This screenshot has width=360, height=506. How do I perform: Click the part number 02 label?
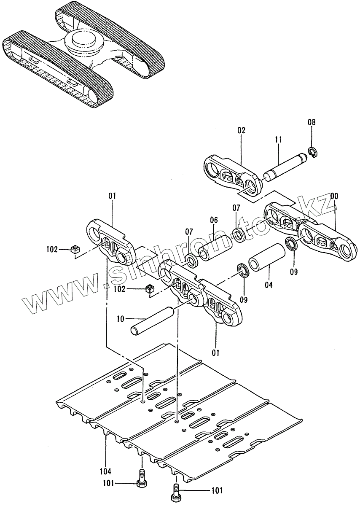coord(241,130)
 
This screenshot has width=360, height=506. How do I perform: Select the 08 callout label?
coord(311,123)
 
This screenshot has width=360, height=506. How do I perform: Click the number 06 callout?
coord(214,220)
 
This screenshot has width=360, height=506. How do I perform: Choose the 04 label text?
coord(269,285)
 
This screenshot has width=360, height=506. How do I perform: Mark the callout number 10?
coord(120,319)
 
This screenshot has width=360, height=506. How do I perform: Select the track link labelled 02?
coord(231,174)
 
